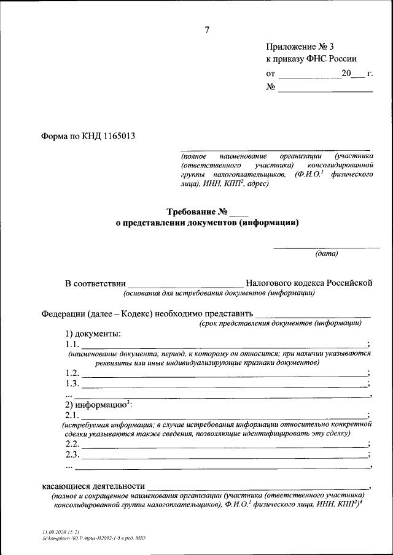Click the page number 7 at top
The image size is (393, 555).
207,30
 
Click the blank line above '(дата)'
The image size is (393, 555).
326,247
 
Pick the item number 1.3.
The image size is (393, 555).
72,384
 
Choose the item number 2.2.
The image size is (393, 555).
72,444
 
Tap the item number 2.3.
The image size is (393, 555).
72,455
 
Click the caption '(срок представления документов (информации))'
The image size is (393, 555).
279,323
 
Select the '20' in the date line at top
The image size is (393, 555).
347,74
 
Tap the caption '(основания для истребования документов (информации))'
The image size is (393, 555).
219,293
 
